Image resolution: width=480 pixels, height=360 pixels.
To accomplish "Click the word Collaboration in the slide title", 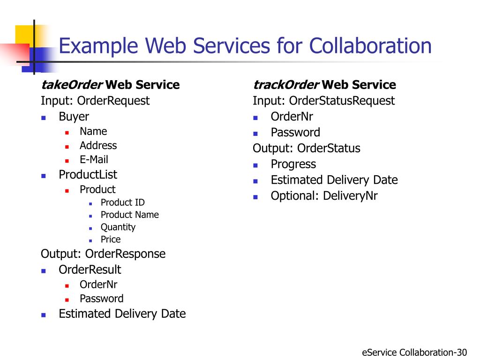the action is tap(370, 46).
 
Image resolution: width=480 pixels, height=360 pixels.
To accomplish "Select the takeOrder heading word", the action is tap(71, 85).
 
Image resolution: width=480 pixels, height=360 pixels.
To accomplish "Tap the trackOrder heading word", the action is tap(286, 85).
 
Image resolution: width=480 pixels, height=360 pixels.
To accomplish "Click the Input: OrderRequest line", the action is tap(95, 100).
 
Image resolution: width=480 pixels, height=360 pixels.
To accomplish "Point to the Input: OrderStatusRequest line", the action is tap(323, 100).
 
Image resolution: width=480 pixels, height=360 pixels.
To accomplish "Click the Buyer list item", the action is tap(74, 116).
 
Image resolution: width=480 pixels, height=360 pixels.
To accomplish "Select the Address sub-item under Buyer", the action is tap(98, 145).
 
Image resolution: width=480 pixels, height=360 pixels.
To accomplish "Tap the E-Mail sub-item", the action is tap(94, 159).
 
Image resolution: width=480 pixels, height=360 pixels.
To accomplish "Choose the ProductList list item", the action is tap(88, 174).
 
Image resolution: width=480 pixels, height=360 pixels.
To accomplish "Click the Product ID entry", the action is tap(122, 202).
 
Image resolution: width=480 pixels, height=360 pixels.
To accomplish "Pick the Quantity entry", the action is tap(118, 227).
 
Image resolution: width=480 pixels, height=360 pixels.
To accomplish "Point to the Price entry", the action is tap(111, 239).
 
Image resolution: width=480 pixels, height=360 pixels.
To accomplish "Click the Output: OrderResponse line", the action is tap(103, 254).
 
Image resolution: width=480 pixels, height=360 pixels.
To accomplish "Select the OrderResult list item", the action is tap(90, 270).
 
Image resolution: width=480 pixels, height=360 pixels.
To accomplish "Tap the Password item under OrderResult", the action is tap(101, 299).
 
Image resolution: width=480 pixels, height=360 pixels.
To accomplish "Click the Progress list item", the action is tap(293, 164).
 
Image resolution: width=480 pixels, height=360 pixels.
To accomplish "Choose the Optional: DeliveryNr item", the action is tap(324, 196).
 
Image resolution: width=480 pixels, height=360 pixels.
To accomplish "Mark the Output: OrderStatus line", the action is tap(306, 148).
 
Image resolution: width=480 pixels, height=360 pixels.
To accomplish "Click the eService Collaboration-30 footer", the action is tap(414, 352).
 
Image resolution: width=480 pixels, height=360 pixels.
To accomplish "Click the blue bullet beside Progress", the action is tap(255, 165).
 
